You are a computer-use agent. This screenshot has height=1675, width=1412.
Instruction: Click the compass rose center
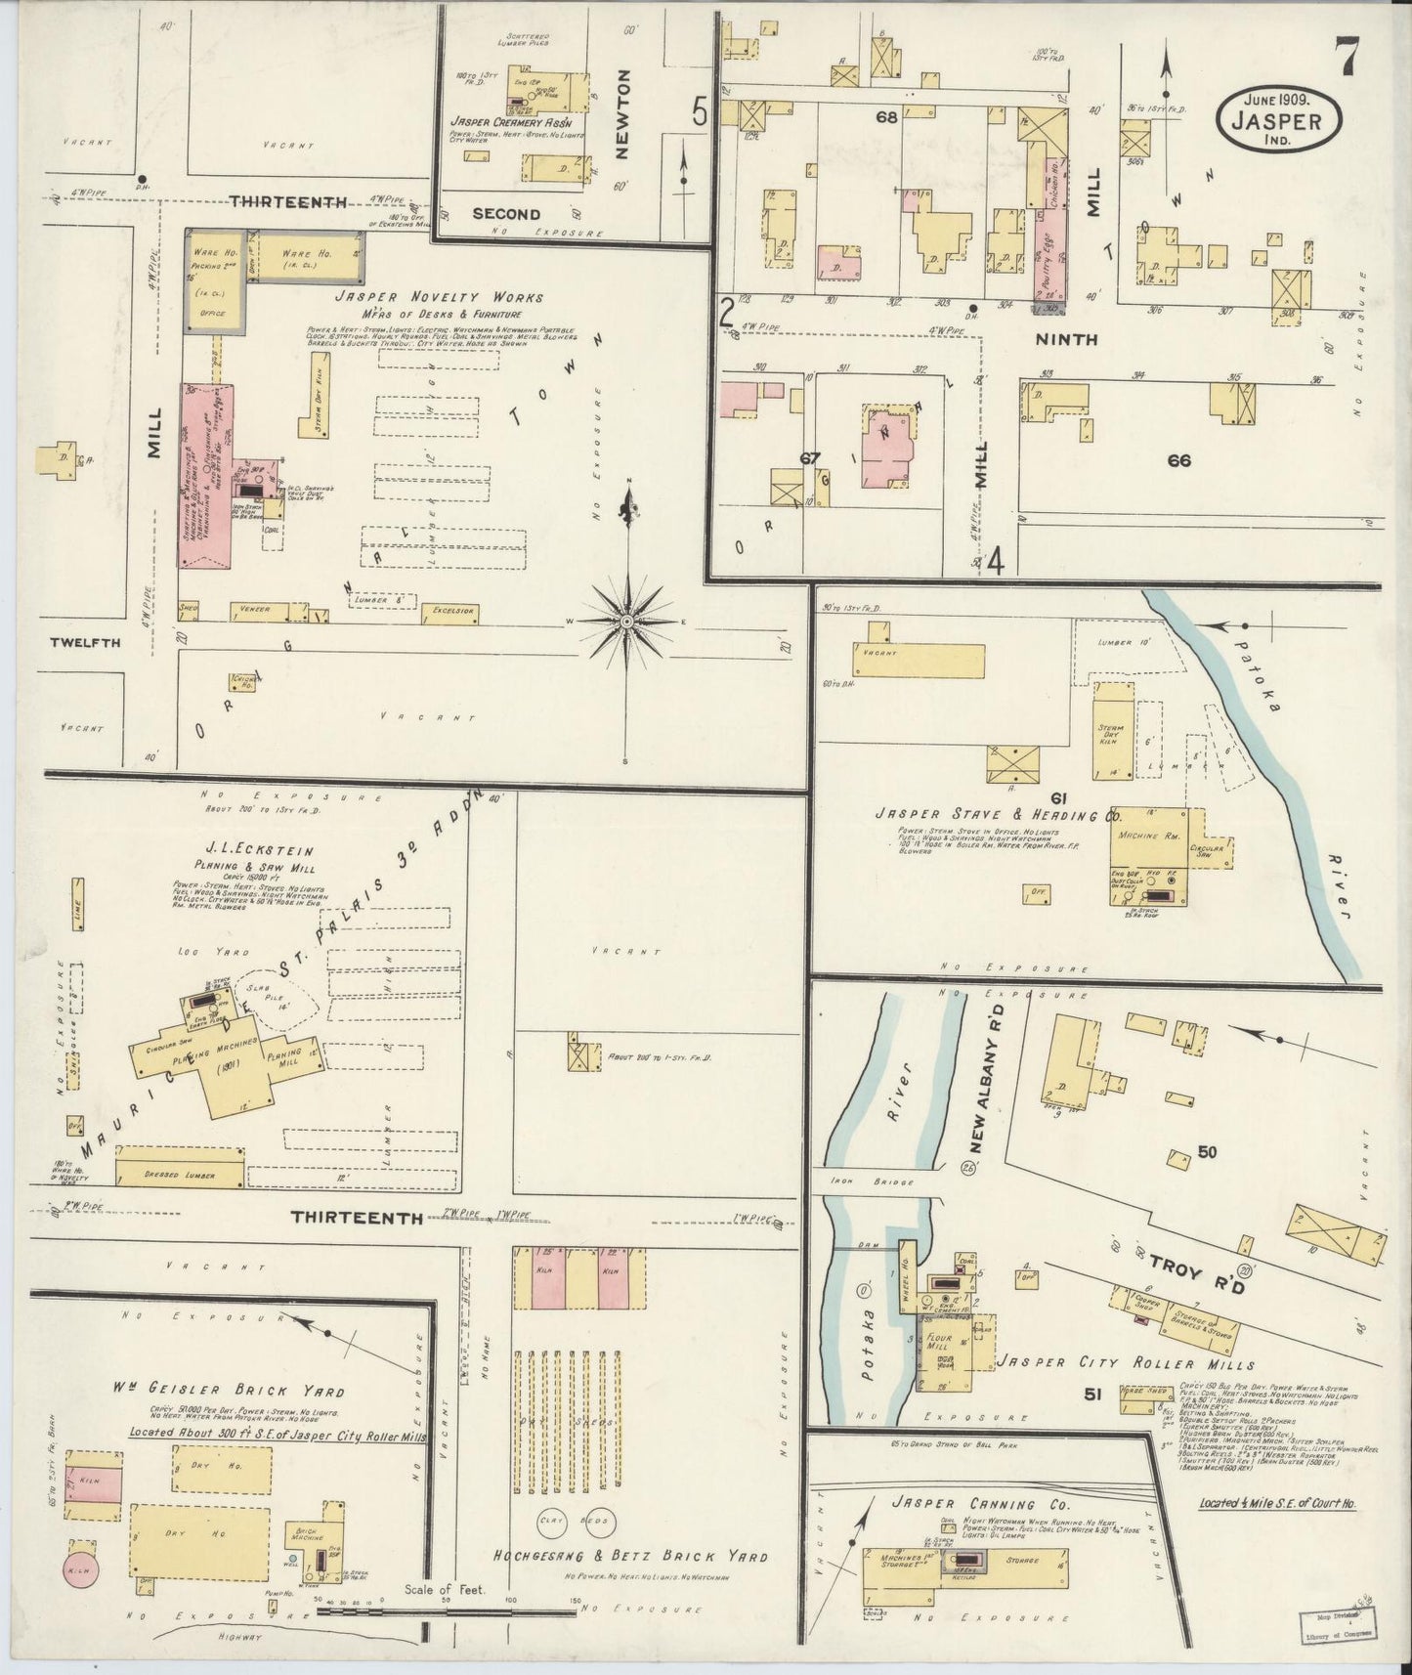(625, 622)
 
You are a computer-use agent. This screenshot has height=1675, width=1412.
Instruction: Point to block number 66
(1178, 460)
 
